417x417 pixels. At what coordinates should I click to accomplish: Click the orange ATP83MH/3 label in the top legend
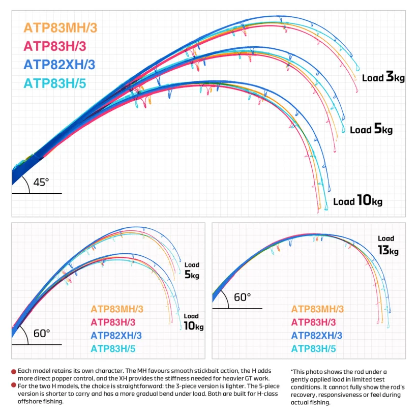(x=61, y=28)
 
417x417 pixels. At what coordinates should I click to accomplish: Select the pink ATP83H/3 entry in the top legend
(x=55, y=46)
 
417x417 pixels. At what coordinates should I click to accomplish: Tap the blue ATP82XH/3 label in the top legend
(x=59, y=65)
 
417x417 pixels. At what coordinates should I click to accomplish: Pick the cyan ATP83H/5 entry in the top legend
(x=55, y=83)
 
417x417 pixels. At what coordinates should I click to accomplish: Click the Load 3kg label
(x=383, y=77)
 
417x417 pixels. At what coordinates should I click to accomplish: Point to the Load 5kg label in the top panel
(x=371, y=129)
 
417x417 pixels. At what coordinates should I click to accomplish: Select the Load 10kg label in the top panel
(x=358, y=200)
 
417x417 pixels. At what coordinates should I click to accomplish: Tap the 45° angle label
(x=41, y=183)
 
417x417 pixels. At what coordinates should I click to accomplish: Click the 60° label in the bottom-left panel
(x=42, y=334)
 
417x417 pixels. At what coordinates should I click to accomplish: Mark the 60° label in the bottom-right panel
(x=242, y=297)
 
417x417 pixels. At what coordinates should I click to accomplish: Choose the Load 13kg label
(x=389, y=246)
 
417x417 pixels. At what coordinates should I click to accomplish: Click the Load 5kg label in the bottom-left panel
(x=192, y=271)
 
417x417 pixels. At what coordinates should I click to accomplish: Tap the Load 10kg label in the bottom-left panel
(x=194, y=322)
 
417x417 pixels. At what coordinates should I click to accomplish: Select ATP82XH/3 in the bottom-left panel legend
(x=116, y=336)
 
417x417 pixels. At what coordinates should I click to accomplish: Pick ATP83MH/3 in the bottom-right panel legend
(x=317, y=309)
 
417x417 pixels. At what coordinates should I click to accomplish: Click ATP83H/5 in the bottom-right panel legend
(x=314, y=349)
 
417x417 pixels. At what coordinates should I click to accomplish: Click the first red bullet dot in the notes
(x=14, y=372)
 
